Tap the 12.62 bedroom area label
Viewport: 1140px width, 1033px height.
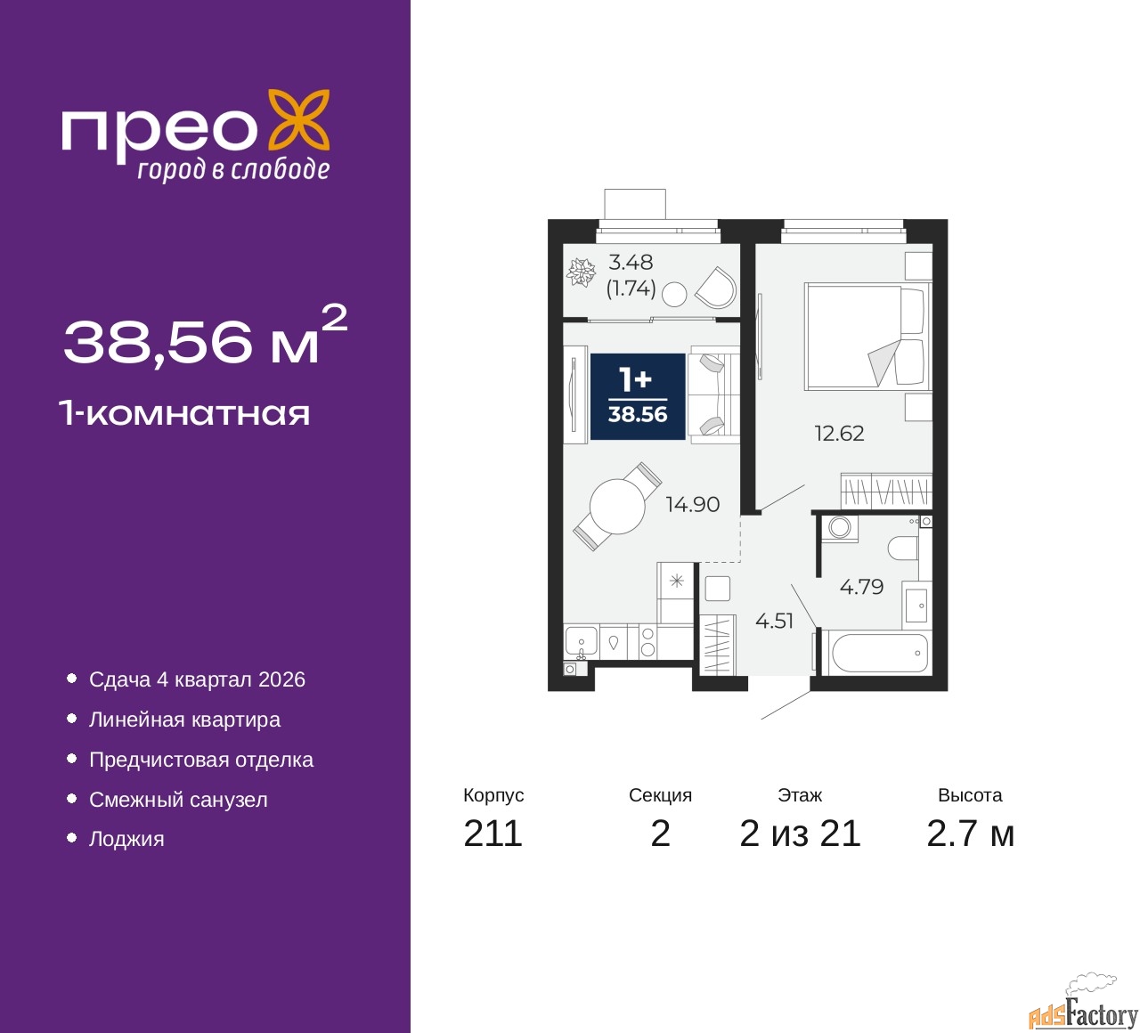839,434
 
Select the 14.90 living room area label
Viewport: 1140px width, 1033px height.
693,504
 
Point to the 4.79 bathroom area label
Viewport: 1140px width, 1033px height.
861,586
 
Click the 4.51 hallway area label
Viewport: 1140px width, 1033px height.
774,621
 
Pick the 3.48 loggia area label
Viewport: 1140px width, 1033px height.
631,263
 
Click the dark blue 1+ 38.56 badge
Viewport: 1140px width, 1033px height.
638,396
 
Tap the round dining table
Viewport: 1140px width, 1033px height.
617,507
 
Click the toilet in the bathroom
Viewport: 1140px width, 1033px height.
904,547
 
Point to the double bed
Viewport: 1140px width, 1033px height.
867,337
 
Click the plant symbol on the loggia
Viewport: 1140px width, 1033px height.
581,272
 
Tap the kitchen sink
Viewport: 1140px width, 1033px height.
581,642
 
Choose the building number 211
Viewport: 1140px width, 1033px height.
493,834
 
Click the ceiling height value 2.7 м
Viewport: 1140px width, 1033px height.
970,834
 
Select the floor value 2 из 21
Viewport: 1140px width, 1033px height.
800,834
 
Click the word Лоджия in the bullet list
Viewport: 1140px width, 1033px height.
126,839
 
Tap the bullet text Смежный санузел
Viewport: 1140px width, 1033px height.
178,800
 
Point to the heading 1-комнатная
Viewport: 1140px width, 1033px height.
185,414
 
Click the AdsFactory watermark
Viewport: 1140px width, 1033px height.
1084,1013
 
